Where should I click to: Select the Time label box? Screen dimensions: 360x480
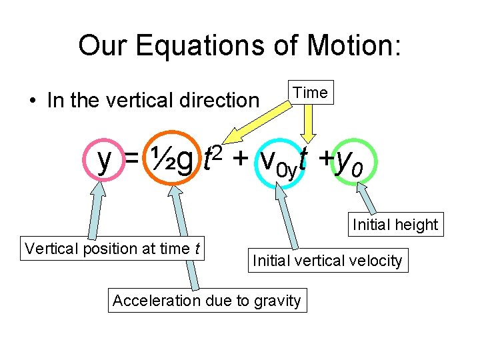(x=310, y=93)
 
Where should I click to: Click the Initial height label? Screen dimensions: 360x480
(x=395, y=225)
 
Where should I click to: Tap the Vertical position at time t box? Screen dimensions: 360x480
(x=113, y=249)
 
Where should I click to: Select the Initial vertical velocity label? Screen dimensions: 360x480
(x=327, y=261)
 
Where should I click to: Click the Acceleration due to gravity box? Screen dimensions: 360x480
(x=207, y=301)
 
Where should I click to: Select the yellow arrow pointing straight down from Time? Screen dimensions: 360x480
(x=309, y=123)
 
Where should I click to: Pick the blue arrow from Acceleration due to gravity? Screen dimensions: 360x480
(x=185, y=240)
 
